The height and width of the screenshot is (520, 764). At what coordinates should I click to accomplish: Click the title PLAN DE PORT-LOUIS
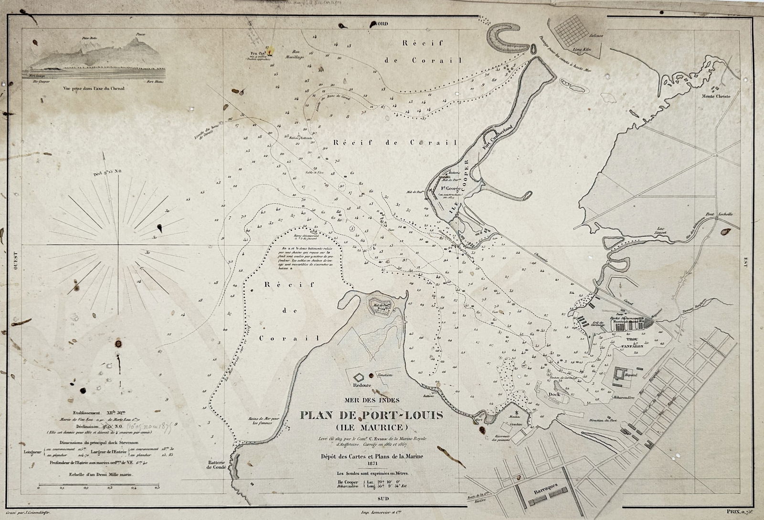coord(371,415)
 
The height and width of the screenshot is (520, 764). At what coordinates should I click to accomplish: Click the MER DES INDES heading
coord(371,401)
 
